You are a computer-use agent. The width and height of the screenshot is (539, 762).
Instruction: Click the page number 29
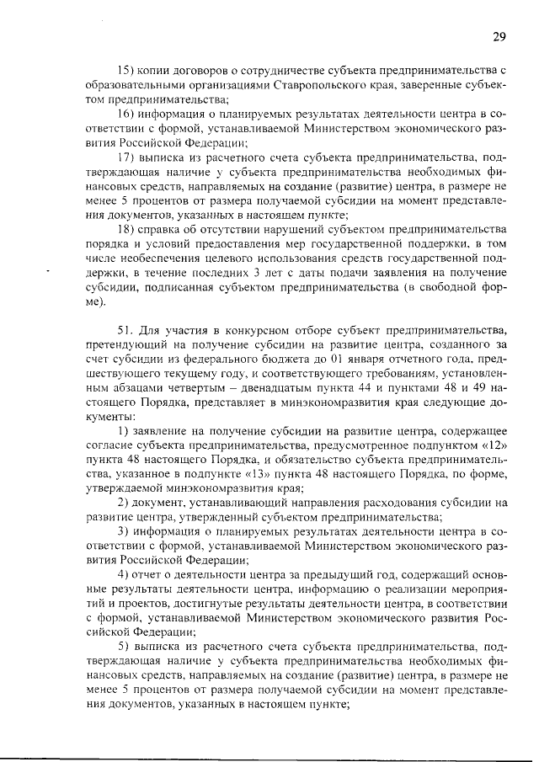[499, 36]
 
